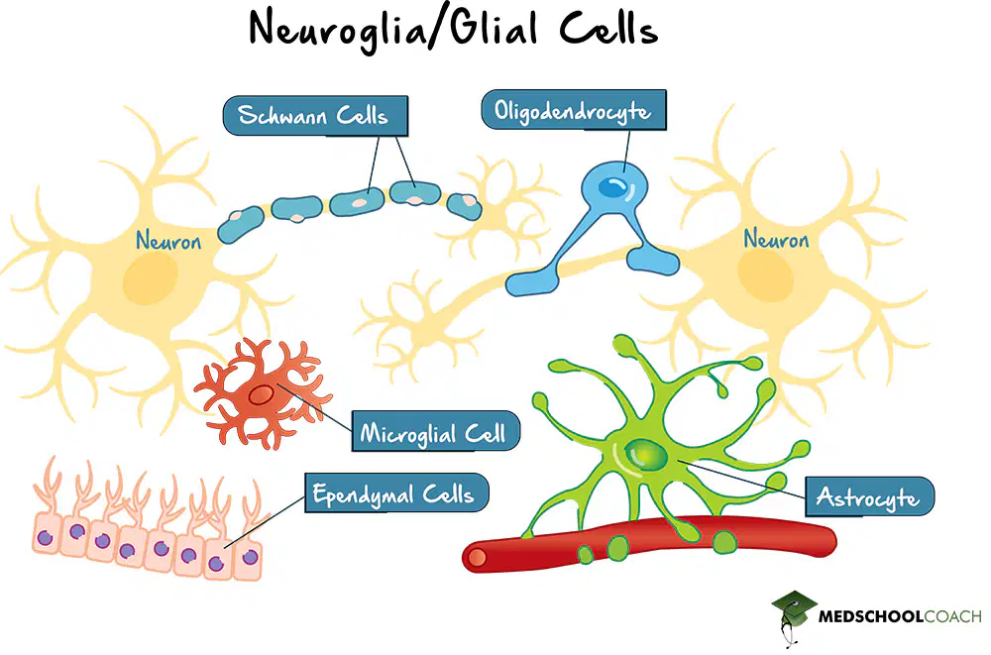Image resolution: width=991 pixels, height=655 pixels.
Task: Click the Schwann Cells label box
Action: (x=315, y=116)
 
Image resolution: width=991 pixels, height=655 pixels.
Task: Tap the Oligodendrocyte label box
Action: (x=574, y=110)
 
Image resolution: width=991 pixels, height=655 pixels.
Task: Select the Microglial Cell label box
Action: (x=435, y=431)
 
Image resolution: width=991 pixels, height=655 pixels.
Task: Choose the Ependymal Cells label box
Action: (x=397, y=492)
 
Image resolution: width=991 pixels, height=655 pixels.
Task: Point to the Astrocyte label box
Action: (x=870, y=496)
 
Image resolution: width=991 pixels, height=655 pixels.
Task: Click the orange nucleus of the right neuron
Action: (x=765, y=275)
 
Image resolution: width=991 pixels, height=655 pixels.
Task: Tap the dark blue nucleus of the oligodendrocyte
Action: (x=612, y=186)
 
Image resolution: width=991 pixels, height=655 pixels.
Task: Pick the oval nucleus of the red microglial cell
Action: (x=261, y=395)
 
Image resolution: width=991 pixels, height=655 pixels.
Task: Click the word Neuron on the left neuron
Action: (x=168, y=241)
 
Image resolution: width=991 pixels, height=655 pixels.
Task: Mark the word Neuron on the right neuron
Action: (x=776, y=239)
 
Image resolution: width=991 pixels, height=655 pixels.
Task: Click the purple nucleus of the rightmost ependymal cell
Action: (x=251, y=557)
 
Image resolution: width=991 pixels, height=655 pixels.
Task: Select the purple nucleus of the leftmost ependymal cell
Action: (x=45, y=538)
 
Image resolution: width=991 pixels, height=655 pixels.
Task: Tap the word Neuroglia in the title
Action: (x=338, y=30)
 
